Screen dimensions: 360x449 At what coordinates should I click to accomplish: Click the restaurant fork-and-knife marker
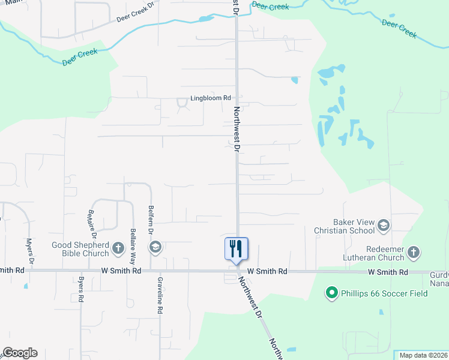(x=236, y=248)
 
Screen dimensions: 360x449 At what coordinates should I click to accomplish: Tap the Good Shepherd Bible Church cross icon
(x=118, y=247)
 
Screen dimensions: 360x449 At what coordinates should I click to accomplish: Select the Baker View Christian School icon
(x=384, y=226)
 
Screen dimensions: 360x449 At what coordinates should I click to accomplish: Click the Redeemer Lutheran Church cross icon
(x=414, y=253)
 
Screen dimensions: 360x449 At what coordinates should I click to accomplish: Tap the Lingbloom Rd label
(x=211, y=98)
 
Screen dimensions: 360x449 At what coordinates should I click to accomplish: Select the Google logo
(x=20, y=353)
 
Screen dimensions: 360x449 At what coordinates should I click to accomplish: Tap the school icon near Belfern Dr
(x=155, y=247)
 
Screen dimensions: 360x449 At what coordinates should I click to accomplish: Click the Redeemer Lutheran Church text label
(x=369, y=253)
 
